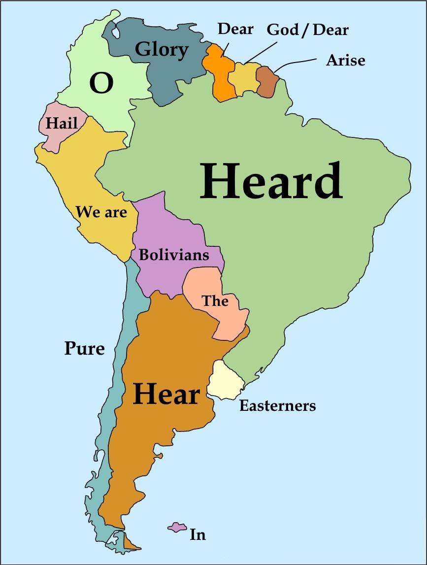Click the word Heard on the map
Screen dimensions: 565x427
click(270, 181)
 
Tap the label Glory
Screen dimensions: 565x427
click(162, 50)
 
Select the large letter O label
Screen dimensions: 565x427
click(101, 83)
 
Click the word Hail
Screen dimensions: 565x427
click(62, 123)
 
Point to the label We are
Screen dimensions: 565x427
click(101, 212)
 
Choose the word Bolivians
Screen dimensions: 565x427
click(174, 255)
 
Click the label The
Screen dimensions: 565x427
click(215, 300)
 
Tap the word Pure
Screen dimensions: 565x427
click(85, 349)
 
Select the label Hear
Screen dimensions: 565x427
click(166, 394)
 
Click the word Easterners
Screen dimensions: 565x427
click(277, 406)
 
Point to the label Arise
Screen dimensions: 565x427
click(346, 61)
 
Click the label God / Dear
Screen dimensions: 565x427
click(307, 30)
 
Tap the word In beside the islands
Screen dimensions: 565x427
click(197, 534)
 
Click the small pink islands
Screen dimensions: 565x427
click(176, 527)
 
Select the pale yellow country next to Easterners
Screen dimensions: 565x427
click(225, 380)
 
